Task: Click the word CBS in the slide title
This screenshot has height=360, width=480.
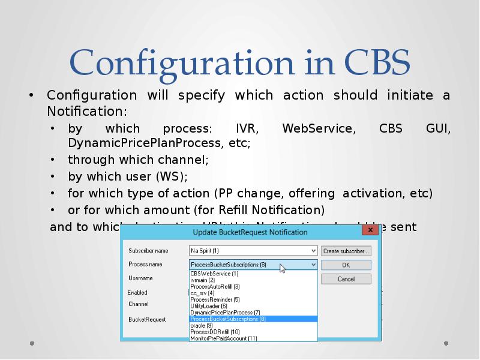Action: (377, 63)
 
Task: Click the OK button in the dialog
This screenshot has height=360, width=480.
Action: (346, 265)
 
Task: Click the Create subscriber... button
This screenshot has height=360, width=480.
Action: (346, 251)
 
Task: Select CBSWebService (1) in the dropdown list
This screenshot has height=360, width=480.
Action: (214, 274)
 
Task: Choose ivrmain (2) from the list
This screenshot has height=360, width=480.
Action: (203, 280)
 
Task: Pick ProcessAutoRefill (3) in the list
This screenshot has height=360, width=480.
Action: (215, 287)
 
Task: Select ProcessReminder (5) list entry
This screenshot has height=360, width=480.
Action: (215, 299)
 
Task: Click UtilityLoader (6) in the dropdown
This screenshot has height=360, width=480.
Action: (208, 306)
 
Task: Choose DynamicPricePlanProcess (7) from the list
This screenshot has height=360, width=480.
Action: (225, 313)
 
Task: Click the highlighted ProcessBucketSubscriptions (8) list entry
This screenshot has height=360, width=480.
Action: (228, 319)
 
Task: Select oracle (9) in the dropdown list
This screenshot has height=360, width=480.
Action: (201, 325)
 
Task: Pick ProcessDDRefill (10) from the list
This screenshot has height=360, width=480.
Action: (215, 332)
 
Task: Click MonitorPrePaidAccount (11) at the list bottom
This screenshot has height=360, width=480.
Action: (223, 338)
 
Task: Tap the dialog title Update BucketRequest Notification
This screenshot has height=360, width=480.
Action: (250, 232)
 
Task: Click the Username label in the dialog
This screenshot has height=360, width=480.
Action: (140, 278)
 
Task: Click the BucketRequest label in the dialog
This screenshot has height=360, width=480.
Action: (147, 320)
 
